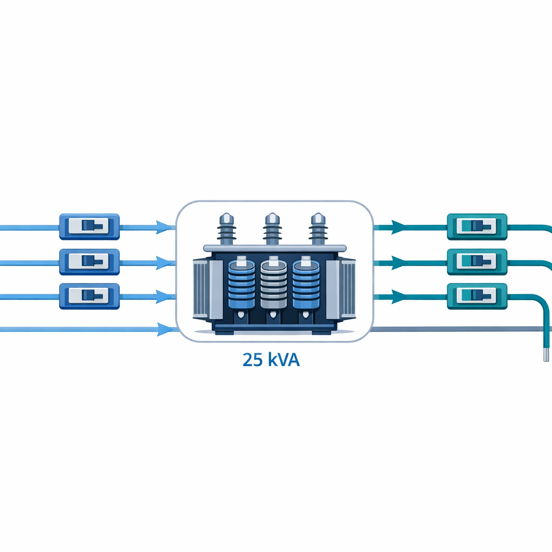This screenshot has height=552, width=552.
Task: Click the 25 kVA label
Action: pos(271,360)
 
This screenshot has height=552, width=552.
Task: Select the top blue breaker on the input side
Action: pos(89,226)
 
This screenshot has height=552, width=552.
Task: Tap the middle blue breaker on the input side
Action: pos(89,262)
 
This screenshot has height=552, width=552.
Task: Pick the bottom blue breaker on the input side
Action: pos(89,296)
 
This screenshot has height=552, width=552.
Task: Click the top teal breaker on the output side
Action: pos(477,226)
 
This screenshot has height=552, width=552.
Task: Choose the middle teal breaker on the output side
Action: pos(477,262)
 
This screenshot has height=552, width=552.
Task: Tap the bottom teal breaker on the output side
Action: pos(477,296)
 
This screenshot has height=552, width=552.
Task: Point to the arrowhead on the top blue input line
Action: pos(163,227)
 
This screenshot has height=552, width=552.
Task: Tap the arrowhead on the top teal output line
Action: pos(398,227)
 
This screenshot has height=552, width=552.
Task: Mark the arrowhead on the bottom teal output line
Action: pos(398,296)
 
